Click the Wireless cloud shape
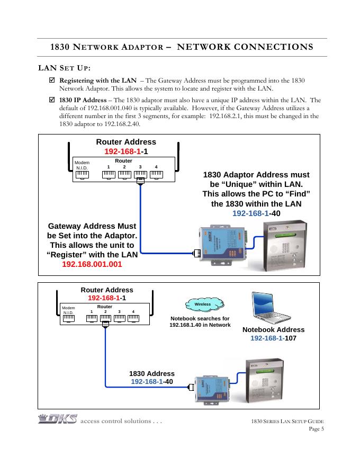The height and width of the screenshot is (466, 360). (x=202, y=304)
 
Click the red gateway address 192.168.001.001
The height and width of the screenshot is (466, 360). (x=92, y=263)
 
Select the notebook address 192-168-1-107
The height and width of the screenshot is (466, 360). (x=273, y=338)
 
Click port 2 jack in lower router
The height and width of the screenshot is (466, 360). (x=105, y=319)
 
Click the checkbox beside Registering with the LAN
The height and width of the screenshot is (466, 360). (x=51, y=80)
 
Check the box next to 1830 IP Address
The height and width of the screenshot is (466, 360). (x=51, y=100)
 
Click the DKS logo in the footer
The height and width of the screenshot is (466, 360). (x=57, y=420)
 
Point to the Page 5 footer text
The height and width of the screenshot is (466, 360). (x=316, y=429)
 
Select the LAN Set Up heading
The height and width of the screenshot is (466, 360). (x=65, y=68)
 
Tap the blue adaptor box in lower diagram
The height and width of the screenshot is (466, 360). (x=211, y=390)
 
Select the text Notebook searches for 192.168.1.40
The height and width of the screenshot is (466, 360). (x=200, y=321)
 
